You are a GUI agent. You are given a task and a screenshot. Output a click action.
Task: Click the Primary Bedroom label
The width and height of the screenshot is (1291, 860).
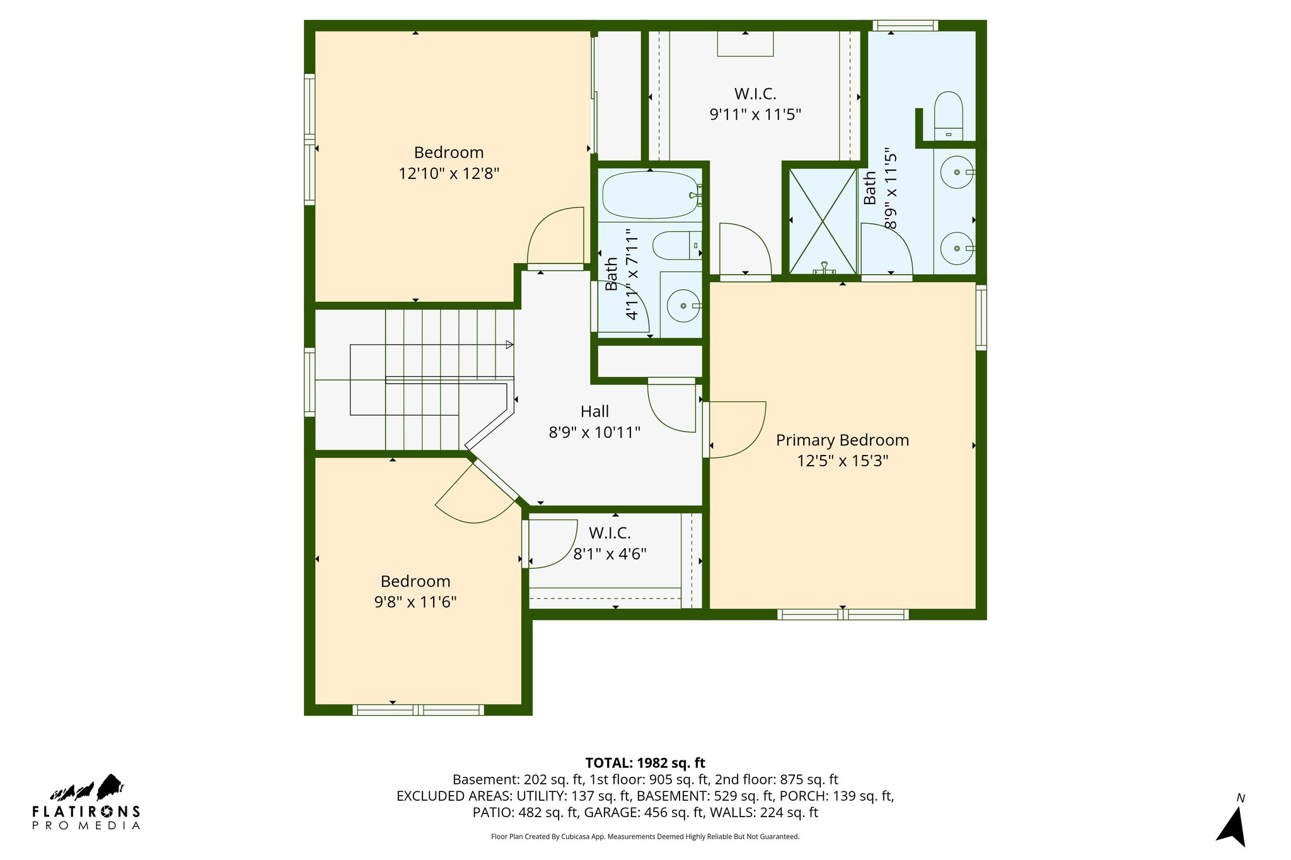tap(842, 440)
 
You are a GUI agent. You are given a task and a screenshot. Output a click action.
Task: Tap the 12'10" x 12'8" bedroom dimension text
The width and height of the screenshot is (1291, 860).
tap(448, 173)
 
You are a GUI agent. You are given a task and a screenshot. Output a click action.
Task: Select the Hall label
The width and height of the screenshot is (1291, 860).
tap(594, 411)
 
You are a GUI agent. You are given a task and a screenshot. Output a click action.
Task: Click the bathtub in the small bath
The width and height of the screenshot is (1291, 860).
tap(649, 195)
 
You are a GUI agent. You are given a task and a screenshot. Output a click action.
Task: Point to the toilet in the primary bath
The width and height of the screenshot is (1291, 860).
tap(948, 113)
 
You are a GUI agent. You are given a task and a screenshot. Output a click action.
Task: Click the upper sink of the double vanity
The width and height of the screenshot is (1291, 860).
tap(956, 172)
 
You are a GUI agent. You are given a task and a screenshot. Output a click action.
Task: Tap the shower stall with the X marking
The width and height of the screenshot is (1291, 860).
tap(823, 220)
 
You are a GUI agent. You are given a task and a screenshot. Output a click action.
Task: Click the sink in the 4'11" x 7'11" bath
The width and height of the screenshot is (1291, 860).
tap(683, 306)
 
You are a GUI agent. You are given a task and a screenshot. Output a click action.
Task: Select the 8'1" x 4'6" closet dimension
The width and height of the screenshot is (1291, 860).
tap(610, 554)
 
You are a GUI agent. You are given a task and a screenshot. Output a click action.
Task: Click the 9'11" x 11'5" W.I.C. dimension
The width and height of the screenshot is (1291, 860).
tap(755, 115)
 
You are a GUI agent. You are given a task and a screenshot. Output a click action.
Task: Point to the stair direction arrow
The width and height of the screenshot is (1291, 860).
tap(509, 345)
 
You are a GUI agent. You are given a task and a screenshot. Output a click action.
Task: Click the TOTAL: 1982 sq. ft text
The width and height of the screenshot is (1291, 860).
tap(645, 763)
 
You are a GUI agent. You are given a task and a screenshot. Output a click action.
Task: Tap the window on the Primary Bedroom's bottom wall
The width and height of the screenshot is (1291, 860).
tap(842, 614)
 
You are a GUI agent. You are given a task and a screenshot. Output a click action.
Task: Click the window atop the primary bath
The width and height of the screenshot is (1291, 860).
tap(905, 26)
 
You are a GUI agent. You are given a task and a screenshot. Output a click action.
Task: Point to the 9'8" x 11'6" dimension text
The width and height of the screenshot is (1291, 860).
tap(415, 602)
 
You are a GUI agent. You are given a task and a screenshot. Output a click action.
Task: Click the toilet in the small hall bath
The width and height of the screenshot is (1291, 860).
tap(676, 246)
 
